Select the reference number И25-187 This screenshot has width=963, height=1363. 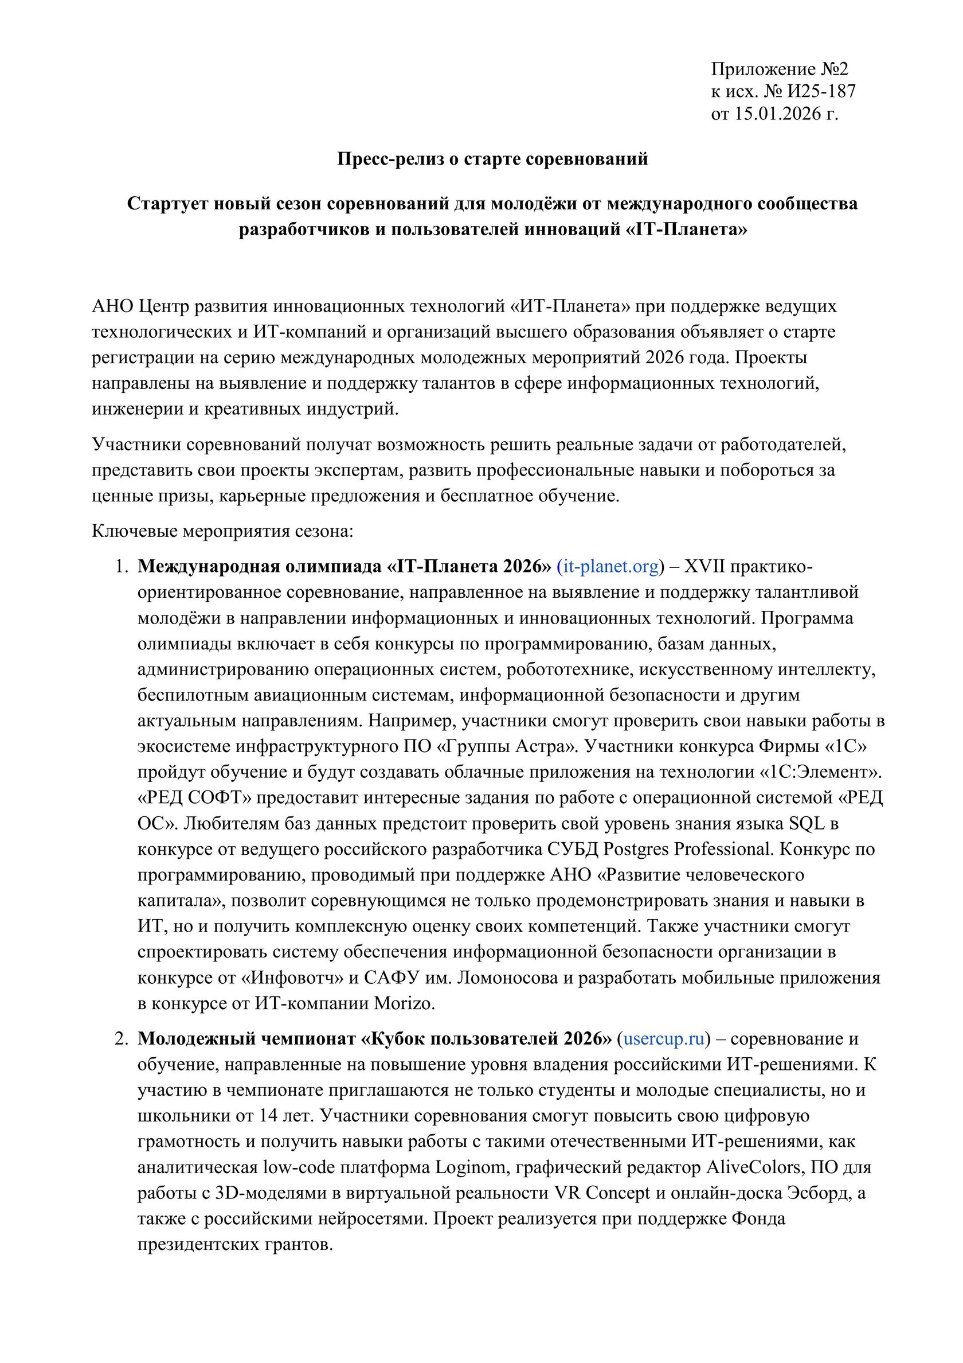click(x=821, y=91)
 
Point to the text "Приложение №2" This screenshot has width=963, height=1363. click(x=779, y=69)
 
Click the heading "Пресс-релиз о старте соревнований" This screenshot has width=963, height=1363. click(x=492, y=159)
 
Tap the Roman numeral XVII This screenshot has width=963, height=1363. click(x=704, y=567)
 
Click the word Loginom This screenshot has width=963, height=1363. click(x=469, y=1168)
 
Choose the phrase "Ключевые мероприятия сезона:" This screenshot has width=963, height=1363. click(x=222, y=531)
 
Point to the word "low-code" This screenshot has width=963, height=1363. click(x=299, y=1168)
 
